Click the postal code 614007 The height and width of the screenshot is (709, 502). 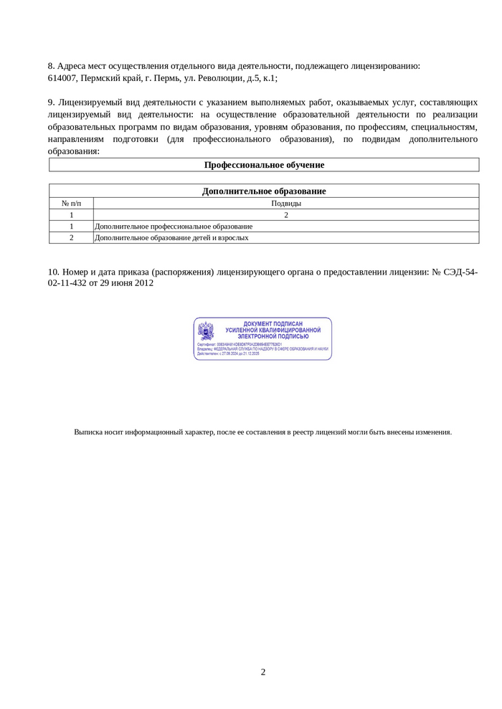pyautogui.click(x=62, y=78)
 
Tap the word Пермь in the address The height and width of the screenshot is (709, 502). pyautogui.click(x=157, y=78)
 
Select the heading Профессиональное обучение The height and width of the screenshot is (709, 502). pyautogui.click(x=264, y=165)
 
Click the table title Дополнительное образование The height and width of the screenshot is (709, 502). pyautogui.click(x=264, y=191)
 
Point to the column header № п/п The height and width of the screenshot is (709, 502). pyautogui.click(x=71, y=204)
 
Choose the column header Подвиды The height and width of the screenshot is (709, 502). pyautogui.click(x=285, y=204)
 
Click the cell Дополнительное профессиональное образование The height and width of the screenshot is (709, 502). pyautogui.click(x=174, y=227)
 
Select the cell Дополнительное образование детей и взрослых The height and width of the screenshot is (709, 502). pyautogui.click(x=172, y=238)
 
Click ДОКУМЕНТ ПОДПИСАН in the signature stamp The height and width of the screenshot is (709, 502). pyautogui.click(x=273, y=324)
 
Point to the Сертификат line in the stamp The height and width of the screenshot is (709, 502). pyautogui.click(x=240, y=344)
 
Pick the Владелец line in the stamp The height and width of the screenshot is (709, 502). pyautogui.click(x=262, y=348)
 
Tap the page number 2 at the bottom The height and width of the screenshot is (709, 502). pyautogui.click(x=263, y=672)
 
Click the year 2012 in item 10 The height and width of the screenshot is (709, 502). pyautogui.click(x=143, y=283)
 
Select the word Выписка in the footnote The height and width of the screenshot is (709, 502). pyautogui.click(x=89, y=432)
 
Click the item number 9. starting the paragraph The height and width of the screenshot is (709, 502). pyautogui.click(x=52, y=102)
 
